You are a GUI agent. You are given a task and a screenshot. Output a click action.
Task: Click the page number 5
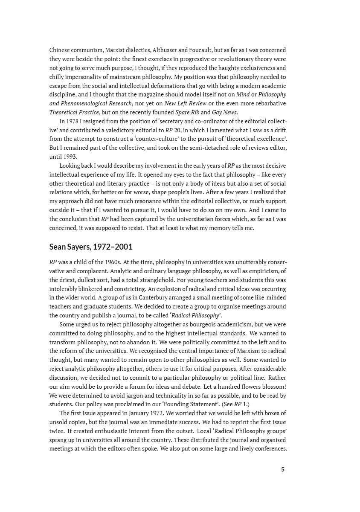[282, 469]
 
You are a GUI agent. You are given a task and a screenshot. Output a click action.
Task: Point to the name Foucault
[227, 50]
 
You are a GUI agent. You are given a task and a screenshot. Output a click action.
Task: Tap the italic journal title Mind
[243, 95]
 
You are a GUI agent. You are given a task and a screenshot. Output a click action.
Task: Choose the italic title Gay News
[224, 112]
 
